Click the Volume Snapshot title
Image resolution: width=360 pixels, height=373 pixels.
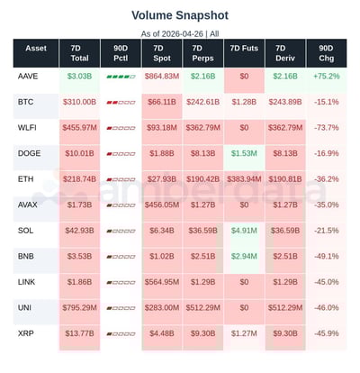click(180, 15)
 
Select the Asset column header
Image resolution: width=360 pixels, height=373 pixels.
click(36, 53)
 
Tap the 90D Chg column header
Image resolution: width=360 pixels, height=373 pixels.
click(326, 53)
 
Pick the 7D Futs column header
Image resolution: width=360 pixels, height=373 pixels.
click(243, 53)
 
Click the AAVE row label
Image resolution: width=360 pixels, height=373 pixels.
click(28, 77)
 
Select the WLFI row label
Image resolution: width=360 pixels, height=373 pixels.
click(28, 128)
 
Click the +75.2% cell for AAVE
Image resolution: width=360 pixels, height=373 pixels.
click(326, 77)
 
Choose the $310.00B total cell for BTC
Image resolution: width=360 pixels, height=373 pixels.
click(79, 103)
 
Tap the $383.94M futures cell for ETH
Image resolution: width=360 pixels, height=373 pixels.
click(243, 180)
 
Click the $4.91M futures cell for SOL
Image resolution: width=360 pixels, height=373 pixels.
click(243, 232)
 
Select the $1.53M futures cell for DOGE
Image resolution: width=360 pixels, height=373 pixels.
click(243, 154)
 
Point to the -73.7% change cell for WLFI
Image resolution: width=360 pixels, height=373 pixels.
click(326, 128)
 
